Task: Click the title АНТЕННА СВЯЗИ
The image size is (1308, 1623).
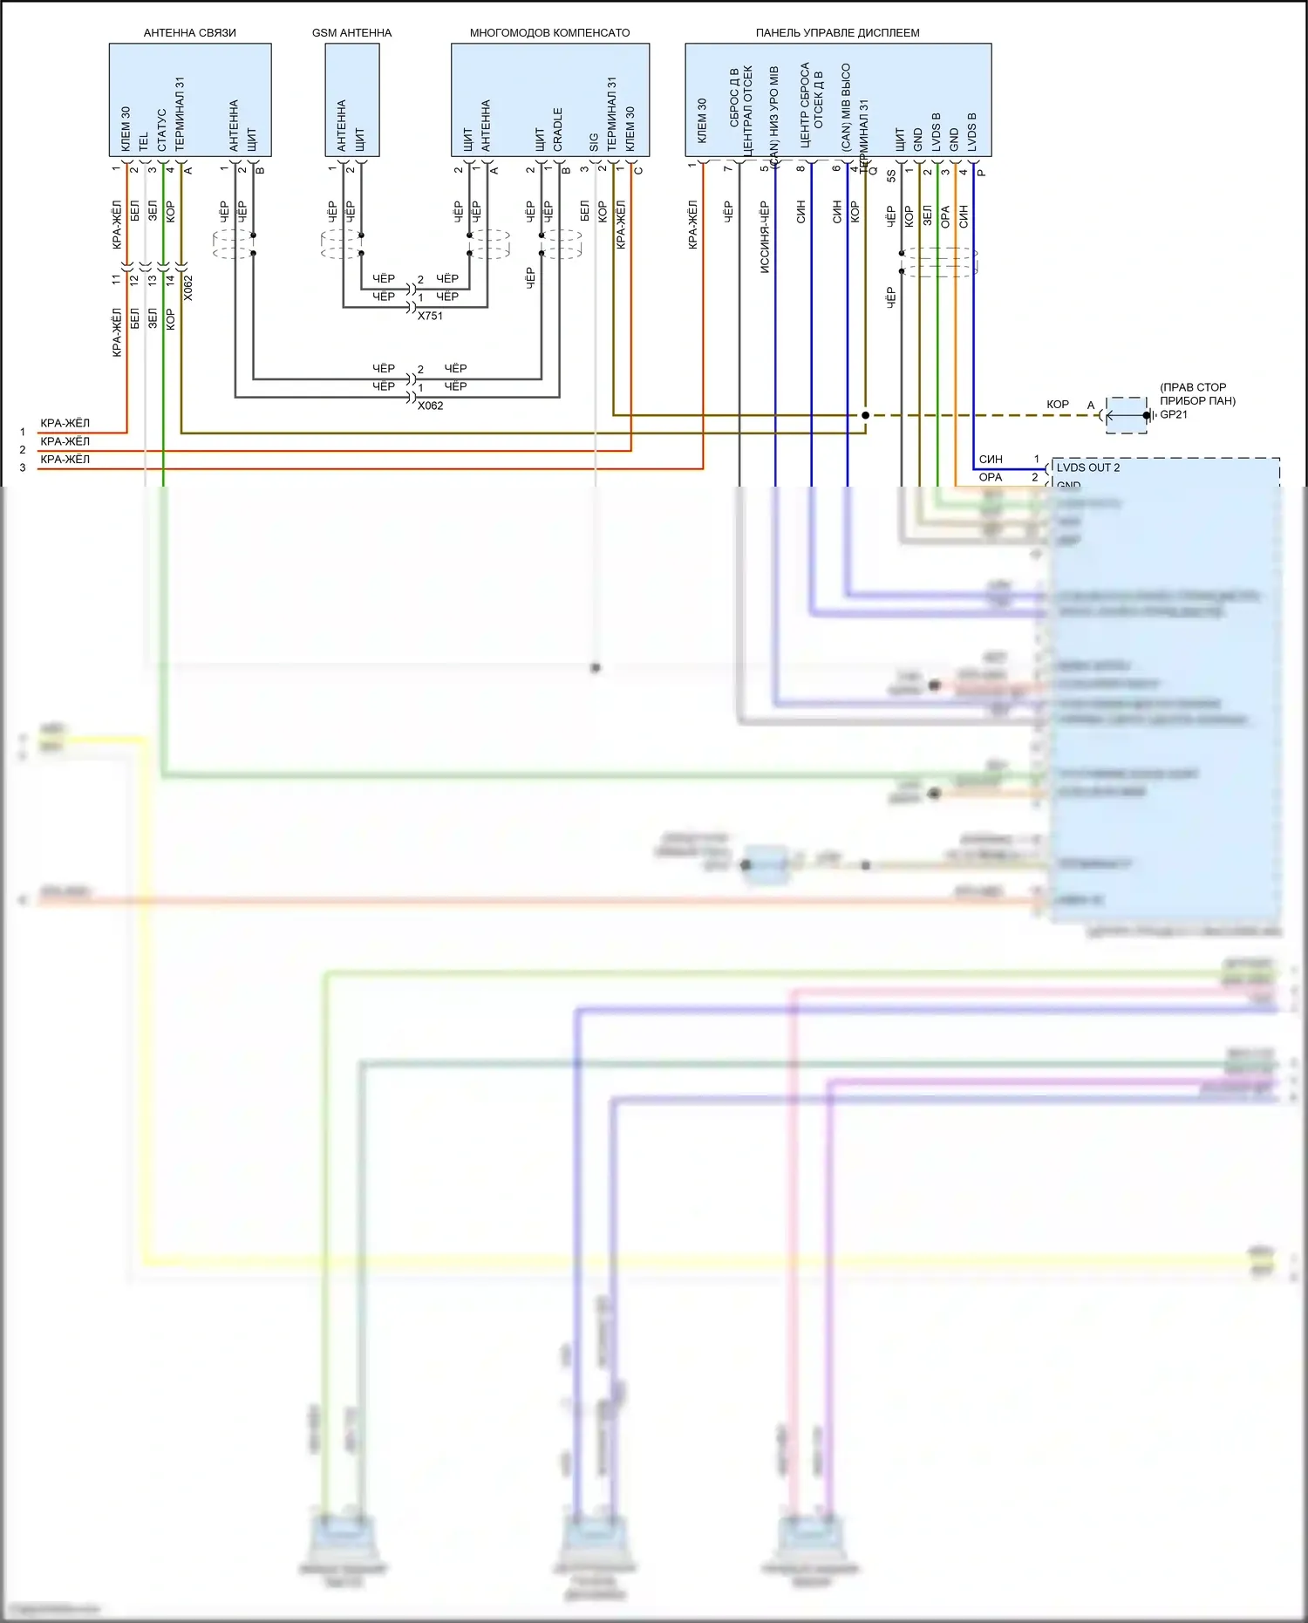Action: click(x=189, y=33)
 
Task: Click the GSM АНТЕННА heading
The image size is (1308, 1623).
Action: click(x=351, y=33)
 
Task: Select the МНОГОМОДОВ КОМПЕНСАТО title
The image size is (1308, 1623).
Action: click(x=549, y=33)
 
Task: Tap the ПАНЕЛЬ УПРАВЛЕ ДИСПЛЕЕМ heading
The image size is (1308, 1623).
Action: click(x=837, y=33)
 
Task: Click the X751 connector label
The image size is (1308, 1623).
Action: click(x=430, y=316)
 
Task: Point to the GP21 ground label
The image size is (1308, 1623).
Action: click(x=1174, y=414)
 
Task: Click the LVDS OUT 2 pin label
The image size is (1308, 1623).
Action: click(x=1088, y=467)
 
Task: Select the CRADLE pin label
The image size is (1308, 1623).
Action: click(x=558, y=129)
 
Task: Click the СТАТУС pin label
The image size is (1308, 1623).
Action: click(x=162, y=129)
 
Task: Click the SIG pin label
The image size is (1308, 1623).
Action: click(x=595, y=141)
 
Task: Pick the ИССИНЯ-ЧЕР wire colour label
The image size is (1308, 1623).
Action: click(x=765, y=237)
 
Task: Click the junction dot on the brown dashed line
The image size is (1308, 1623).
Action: click(x=865, y=415)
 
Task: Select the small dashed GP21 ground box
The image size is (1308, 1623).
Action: click(x=1127, y=415)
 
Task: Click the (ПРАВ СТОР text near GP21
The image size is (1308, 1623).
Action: click(x=1193, y=387)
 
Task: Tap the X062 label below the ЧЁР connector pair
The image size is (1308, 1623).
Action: click(x=430, y=406)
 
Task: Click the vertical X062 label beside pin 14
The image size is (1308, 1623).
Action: click(x=188, y=288)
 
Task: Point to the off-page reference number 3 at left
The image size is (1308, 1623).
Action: click(x=23, y=468)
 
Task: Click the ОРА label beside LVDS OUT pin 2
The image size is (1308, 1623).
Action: click(x=991, y=477)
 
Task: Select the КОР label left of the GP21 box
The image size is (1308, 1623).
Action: click(x=1058, y=405)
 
